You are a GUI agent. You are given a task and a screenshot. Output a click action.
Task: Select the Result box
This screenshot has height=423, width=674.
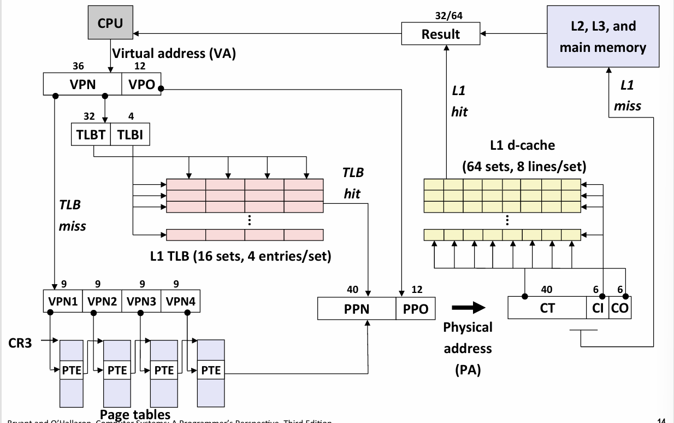click(440, 34)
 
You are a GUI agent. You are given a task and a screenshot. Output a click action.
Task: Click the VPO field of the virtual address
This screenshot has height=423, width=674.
click(141, 85)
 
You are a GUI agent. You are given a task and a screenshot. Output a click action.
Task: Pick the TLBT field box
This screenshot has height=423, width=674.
click(91, 136)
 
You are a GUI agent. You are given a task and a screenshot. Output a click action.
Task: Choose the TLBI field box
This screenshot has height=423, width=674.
click(129, 136)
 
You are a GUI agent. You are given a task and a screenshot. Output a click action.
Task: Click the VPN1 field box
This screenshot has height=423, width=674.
click(62, 300)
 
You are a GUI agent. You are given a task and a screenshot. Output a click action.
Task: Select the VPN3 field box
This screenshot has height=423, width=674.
click(141, 300)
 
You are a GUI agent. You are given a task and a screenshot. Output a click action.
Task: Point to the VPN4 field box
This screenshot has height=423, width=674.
click(180, 300)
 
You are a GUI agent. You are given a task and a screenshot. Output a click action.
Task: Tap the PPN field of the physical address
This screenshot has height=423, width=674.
click(357, 309)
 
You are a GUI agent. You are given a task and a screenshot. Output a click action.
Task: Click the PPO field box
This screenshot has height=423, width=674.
click(416, 309)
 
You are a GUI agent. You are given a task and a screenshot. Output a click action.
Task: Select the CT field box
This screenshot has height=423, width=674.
click(547, 308)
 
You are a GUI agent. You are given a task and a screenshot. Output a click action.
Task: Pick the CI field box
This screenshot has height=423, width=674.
click(597, 308)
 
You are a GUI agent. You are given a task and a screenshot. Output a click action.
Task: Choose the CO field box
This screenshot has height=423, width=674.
click(619, 308)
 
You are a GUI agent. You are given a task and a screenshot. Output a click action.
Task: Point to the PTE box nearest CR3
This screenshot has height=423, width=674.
click(72, 370)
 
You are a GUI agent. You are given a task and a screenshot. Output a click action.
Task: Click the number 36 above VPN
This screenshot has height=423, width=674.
click(78, 66)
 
